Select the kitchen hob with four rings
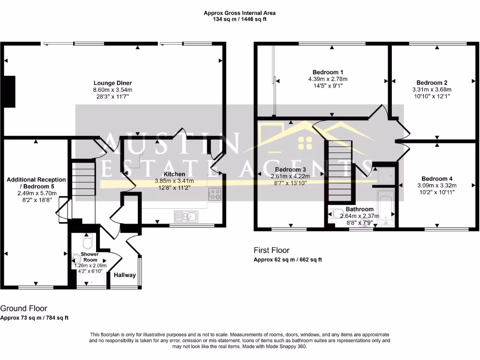click(x=215, y=193)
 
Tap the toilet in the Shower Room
click(x=87, y=243)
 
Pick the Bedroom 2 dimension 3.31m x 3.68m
click(x=432, y=90)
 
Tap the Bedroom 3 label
click(x=290, y=169)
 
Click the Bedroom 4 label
click(x=437, y=179)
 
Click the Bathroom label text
click(x=360, y=209)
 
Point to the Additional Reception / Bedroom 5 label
click(x=36, y=183)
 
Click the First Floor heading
click(x=271, y=250)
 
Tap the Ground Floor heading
click(x=23, y=308)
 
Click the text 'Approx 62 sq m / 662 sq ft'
click(x=287, y=260)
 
